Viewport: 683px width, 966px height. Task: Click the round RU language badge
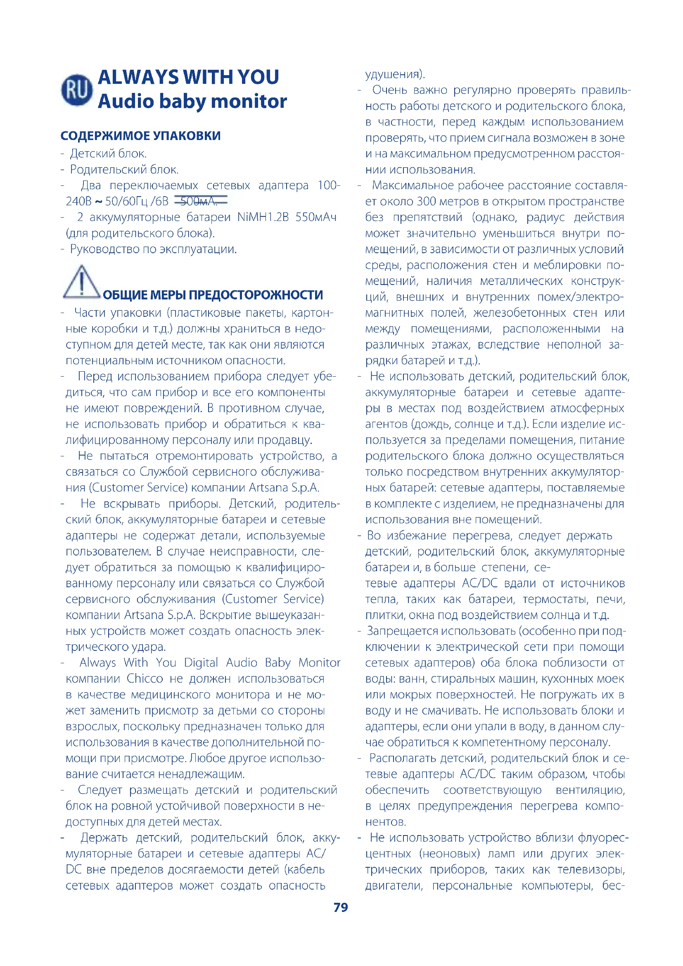76,90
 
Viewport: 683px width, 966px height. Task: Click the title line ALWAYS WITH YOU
188,77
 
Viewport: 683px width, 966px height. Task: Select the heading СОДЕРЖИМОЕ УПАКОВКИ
140,136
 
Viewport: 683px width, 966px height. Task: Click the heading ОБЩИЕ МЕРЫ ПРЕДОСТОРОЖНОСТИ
213,295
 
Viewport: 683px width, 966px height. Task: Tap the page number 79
341,907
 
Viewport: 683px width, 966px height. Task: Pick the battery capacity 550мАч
316,217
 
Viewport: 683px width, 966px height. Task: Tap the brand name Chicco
145,679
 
